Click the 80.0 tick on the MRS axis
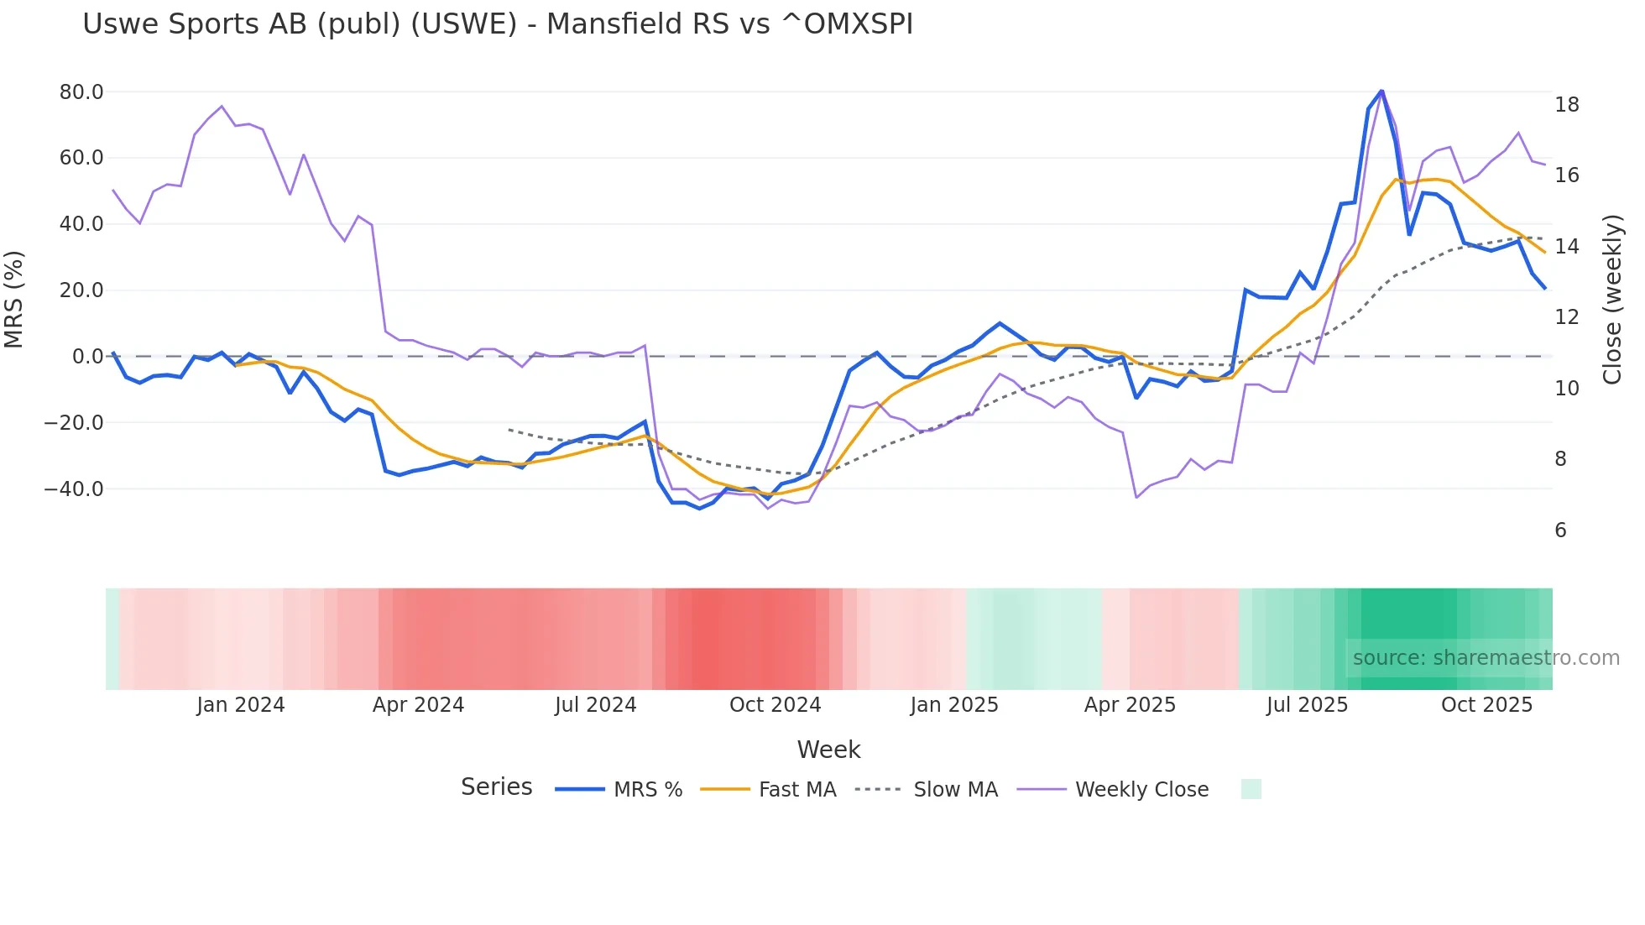81,91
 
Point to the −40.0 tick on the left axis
74,489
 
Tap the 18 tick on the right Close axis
1566,105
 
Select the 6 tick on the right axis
1560,530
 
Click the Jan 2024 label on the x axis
240,705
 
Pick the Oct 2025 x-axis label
1486,705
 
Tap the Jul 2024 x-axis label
595,705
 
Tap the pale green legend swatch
1251,789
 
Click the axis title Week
828,750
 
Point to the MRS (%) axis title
14,300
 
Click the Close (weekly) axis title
1612,300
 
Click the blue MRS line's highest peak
1381,91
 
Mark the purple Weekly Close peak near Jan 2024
222,107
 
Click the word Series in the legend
496,787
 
